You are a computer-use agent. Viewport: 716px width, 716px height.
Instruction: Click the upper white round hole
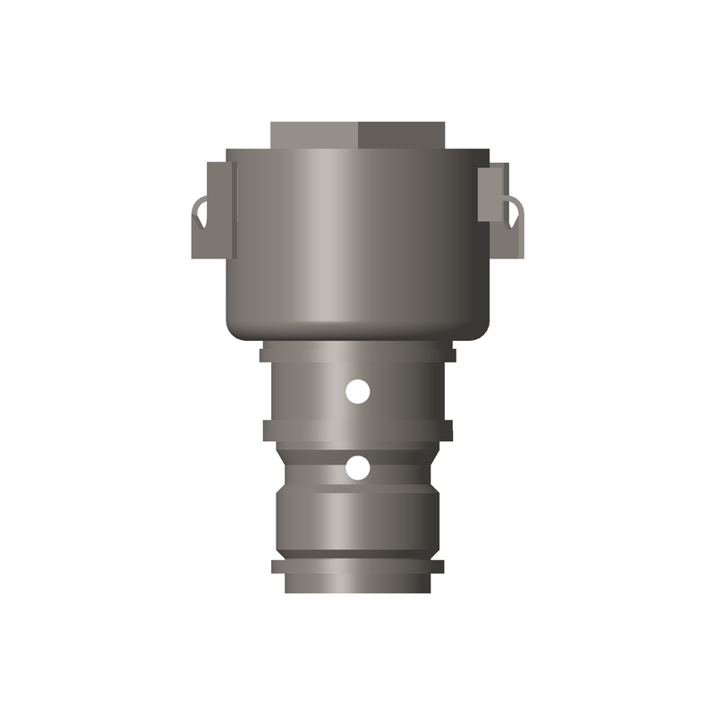(358, 391)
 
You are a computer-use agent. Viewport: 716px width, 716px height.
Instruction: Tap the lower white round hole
(358, 467)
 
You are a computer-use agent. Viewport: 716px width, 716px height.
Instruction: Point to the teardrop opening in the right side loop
(515, 212)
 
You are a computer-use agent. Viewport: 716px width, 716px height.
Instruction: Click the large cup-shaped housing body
(358, 242)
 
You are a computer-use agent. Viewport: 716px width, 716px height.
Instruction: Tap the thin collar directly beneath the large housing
(358, 354)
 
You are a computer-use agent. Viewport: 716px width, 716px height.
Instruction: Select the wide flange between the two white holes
(358, 430)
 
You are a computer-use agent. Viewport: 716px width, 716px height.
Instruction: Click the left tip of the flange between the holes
(266, 430)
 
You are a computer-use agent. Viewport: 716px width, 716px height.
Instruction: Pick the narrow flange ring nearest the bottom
(358, 567)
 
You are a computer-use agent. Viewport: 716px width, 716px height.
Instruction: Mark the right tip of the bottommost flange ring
(441, 567)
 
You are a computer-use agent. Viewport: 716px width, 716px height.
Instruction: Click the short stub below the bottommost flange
(358, 584)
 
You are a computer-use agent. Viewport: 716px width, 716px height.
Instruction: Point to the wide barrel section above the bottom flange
(358, 524)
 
